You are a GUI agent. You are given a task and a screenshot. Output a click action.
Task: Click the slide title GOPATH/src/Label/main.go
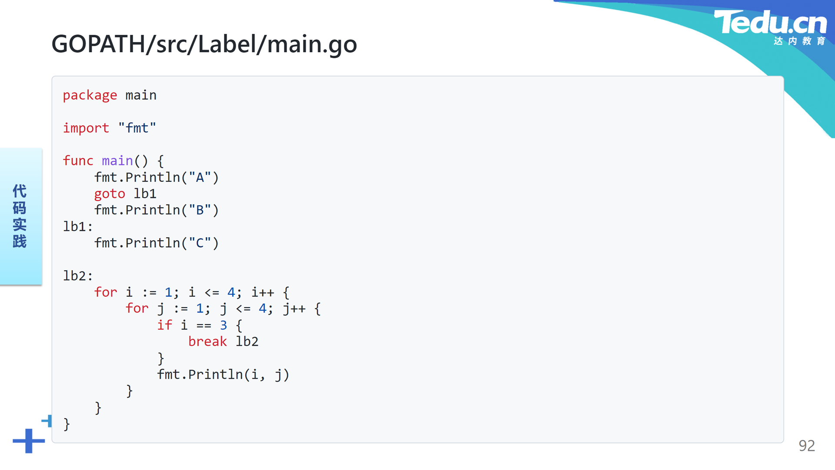click(204, 44)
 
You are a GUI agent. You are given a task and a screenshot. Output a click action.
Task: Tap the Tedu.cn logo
click(770, 27)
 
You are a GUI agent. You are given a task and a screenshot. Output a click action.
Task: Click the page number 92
click(807, 446)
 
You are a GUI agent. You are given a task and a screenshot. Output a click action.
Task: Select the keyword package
click(90, 95)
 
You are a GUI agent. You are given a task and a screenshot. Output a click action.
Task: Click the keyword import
click(86, 128)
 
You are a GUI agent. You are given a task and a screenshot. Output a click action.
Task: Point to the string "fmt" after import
click(137, 128)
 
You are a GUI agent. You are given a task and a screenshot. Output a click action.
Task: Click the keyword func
click(78, 161)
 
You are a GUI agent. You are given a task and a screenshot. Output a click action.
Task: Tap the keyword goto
click(110, 194)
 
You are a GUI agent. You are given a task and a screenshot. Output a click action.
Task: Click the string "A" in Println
click(200, 177)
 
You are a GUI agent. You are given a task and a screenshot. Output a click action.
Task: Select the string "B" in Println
click(200, 210)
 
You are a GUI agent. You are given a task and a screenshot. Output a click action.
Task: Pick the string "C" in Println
click(200, 243)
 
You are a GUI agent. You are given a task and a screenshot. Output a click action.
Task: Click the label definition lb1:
click(78, 226)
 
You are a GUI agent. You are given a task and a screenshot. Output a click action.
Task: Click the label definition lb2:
click(78, 275)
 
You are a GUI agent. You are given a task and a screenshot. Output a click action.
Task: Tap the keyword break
click(207, 341)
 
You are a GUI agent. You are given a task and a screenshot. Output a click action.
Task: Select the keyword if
click(165, 325)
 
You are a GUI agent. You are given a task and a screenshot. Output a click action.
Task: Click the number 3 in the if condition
click(224, 325)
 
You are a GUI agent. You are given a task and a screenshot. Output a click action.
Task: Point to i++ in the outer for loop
click(263, 292)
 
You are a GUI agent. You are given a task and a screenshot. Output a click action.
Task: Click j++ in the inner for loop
click(294, 309)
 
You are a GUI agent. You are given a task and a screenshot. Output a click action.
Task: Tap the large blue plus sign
click(29, 441)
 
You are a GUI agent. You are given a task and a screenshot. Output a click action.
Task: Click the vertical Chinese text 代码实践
click(20, 216)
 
